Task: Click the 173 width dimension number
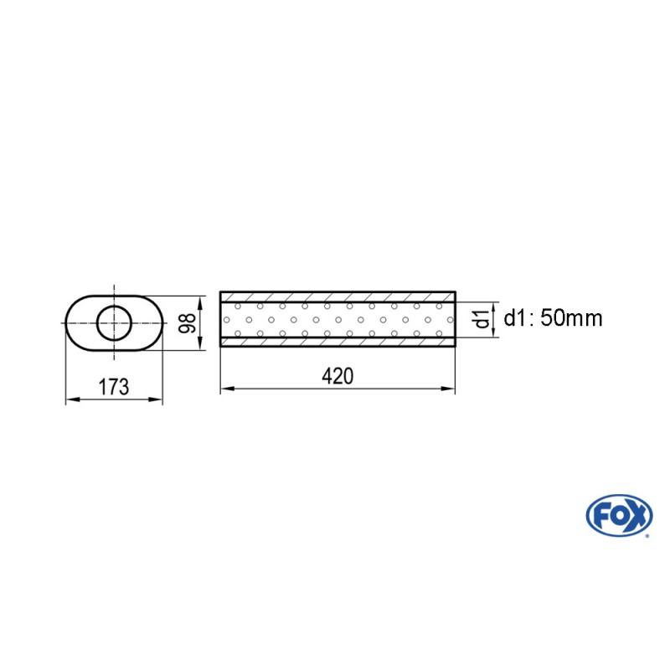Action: point(114,387)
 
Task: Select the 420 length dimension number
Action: point(337,376)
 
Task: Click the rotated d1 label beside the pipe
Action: point(481,319)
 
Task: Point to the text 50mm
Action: point(571,318)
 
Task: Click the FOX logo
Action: point(619,516)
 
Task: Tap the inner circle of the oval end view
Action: point(114,322)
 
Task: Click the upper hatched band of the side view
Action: point(338,296)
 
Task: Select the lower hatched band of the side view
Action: point(338,342)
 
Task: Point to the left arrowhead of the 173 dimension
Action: point(71,399)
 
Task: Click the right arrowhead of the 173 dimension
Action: point(157,399)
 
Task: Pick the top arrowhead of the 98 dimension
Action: point(200,300)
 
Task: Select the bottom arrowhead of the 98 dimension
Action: point(200,345)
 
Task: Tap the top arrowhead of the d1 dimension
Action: point(495,307)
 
